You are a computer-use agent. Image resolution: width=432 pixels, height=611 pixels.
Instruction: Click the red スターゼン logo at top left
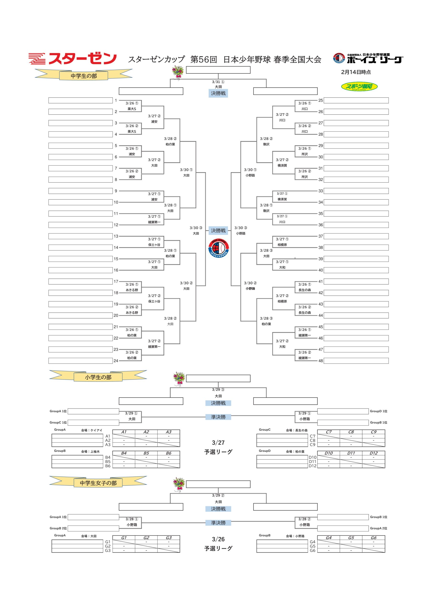(72, 59)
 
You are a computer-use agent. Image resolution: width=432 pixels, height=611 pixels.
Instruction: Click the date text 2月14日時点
(356, 72)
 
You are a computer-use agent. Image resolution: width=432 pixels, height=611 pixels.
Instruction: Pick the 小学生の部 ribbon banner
(98, 377)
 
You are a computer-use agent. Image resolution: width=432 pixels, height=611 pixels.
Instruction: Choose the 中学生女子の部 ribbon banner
(98, 483)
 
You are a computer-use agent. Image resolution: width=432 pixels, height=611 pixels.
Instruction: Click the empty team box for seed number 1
(80, 100)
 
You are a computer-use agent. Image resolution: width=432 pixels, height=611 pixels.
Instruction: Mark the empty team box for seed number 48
(356, 361)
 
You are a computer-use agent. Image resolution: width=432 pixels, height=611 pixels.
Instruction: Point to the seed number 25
(321, 100)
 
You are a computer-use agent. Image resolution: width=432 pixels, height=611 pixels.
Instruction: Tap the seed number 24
(116, 361)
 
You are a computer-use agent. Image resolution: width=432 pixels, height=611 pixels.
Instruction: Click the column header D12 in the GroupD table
(373, 453)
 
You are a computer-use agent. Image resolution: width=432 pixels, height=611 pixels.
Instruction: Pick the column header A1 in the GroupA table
(124, 432)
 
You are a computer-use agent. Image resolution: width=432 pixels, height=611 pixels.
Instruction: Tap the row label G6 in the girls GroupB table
(312, 550)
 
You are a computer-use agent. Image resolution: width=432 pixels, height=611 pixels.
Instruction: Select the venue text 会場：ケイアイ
(92, 430)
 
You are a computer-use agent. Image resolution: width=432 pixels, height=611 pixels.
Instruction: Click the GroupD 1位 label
(379, 411)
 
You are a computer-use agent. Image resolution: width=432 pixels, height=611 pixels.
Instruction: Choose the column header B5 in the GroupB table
(146, 453)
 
